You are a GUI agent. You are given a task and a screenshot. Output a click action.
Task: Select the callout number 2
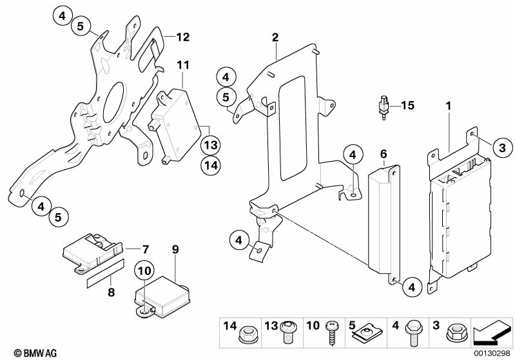[x=275, y=38]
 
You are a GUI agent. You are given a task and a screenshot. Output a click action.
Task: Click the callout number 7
[x=146, y=248]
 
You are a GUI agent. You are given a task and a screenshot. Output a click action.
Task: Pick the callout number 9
[x=174, y=248]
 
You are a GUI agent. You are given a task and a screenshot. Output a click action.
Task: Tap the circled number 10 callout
[x=144, y=270]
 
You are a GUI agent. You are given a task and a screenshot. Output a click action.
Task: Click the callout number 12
[x=183, y=37]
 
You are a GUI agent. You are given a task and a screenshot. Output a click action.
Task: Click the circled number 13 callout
[x=211, y=144]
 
